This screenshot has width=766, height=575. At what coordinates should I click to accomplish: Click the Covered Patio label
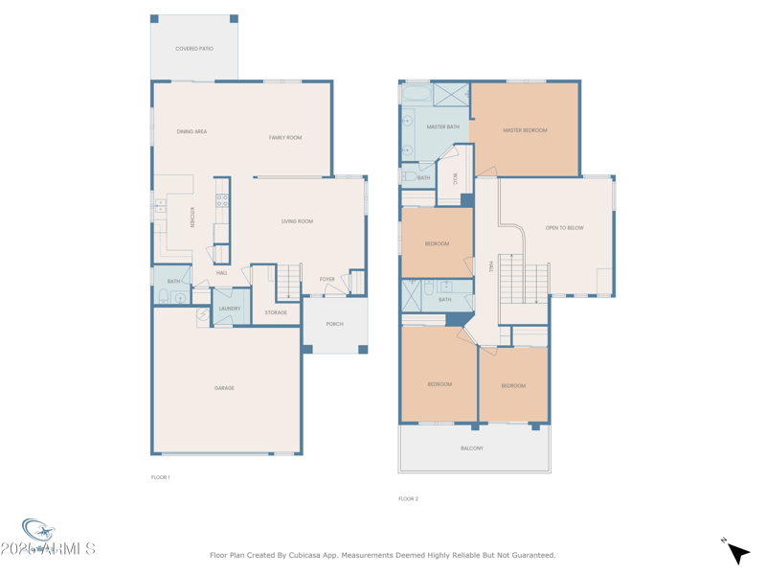[x=193, y=49]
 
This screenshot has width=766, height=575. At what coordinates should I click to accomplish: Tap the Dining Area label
[x=191, y=131]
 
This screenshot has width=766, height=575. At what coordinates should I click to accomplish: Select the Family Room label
[x=285, y=138]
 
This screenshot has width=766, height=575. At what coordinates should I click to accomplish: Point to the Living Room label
[x=297, y=221]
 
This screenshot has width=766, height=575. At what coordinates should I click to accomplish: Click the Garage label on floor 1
[x=224, y=388]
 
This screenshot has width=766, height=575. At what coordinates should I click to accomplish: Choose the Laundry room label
[x=230, y=309]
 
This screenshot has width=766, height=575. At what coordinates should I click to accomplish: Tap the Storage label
[x=276, y=312]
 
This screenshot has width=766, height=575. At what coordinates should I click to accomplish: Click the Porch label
[x=334, y=324]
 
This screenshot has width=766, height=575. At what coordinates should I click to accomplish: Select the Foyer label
[x=327, y=280]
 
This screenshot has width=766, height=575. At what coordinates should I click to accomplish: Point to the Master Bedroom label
[x=525, y=130]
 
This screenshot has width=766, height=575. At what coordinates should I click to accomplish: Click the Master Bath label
[x=442, y=126]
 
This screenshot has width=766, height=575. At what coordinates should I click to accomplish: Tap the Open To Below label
[x=564, y=228]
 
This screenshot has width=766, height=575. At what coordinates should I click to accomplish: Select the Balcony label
[x=472, y=448]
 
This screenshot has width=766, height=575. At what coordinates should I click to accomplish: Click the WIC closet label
[x=455, y=178]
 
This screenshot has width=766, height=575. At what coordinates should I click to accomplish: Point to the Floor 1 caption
[x=160, y=477]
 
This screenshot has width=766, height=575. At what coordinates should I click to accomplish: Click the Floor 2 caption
[x=408, y=498]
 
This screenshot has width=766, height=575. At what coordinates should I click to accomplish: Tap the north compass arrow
[x=736, y=552]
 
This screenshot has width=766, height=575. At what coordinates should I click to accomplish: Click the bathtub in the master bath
[x=417, y=95]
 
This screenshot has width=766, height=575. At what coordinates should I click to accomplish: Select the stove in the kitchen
[x=222, y=200]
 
